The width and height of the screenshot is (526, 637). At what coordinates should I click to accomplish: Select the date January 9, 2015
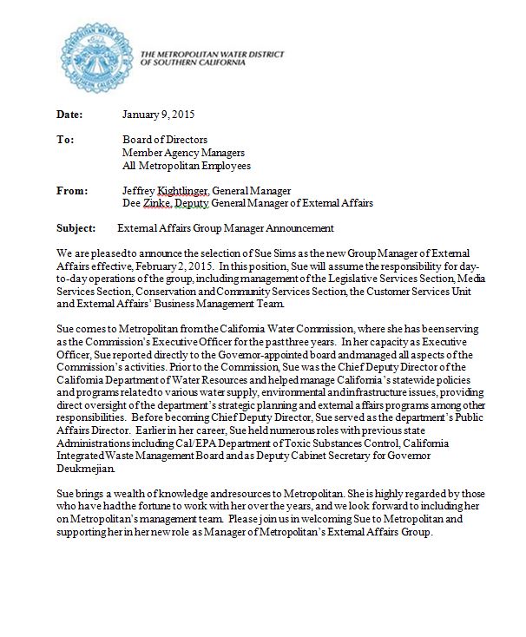[x=158, y=115]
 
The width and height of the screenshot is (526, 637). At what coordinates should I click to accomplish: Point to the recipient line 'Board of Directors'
[x=165, y=140]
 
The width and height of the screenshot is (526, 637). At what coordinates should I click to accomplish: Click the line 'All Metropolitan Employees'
[x=184, y=165]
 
